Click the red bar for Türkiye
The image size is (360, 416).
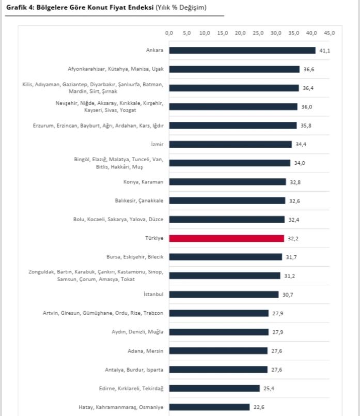tap(227, 238)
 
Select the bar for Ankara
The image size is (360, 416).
tap(242, 50)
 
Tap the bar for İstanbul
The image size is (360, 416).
tap(224, 295)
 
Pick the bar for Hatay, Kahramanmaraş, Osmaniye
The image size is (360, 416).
tap(209, 407)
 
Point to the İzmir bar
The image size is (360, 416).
tap(230, 144)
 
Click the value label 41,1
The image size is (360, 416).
tap(323, 51)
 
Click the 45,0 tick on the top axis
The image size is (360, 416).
tap(330, 33)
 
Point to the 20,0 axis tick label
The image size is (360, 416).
tap(240, 33)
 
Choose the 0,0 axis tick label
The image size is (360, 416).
tap(169, 33)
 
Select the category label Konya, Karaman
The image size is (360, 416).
tap(143, 182)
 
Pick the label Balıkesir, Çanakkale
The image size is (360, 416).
tap(139, 201)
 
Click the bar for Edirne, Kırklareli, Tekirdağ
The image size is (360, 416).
tap(214, 388)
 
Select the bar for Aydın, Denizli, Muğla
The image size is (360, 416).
tap(219, 332)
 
